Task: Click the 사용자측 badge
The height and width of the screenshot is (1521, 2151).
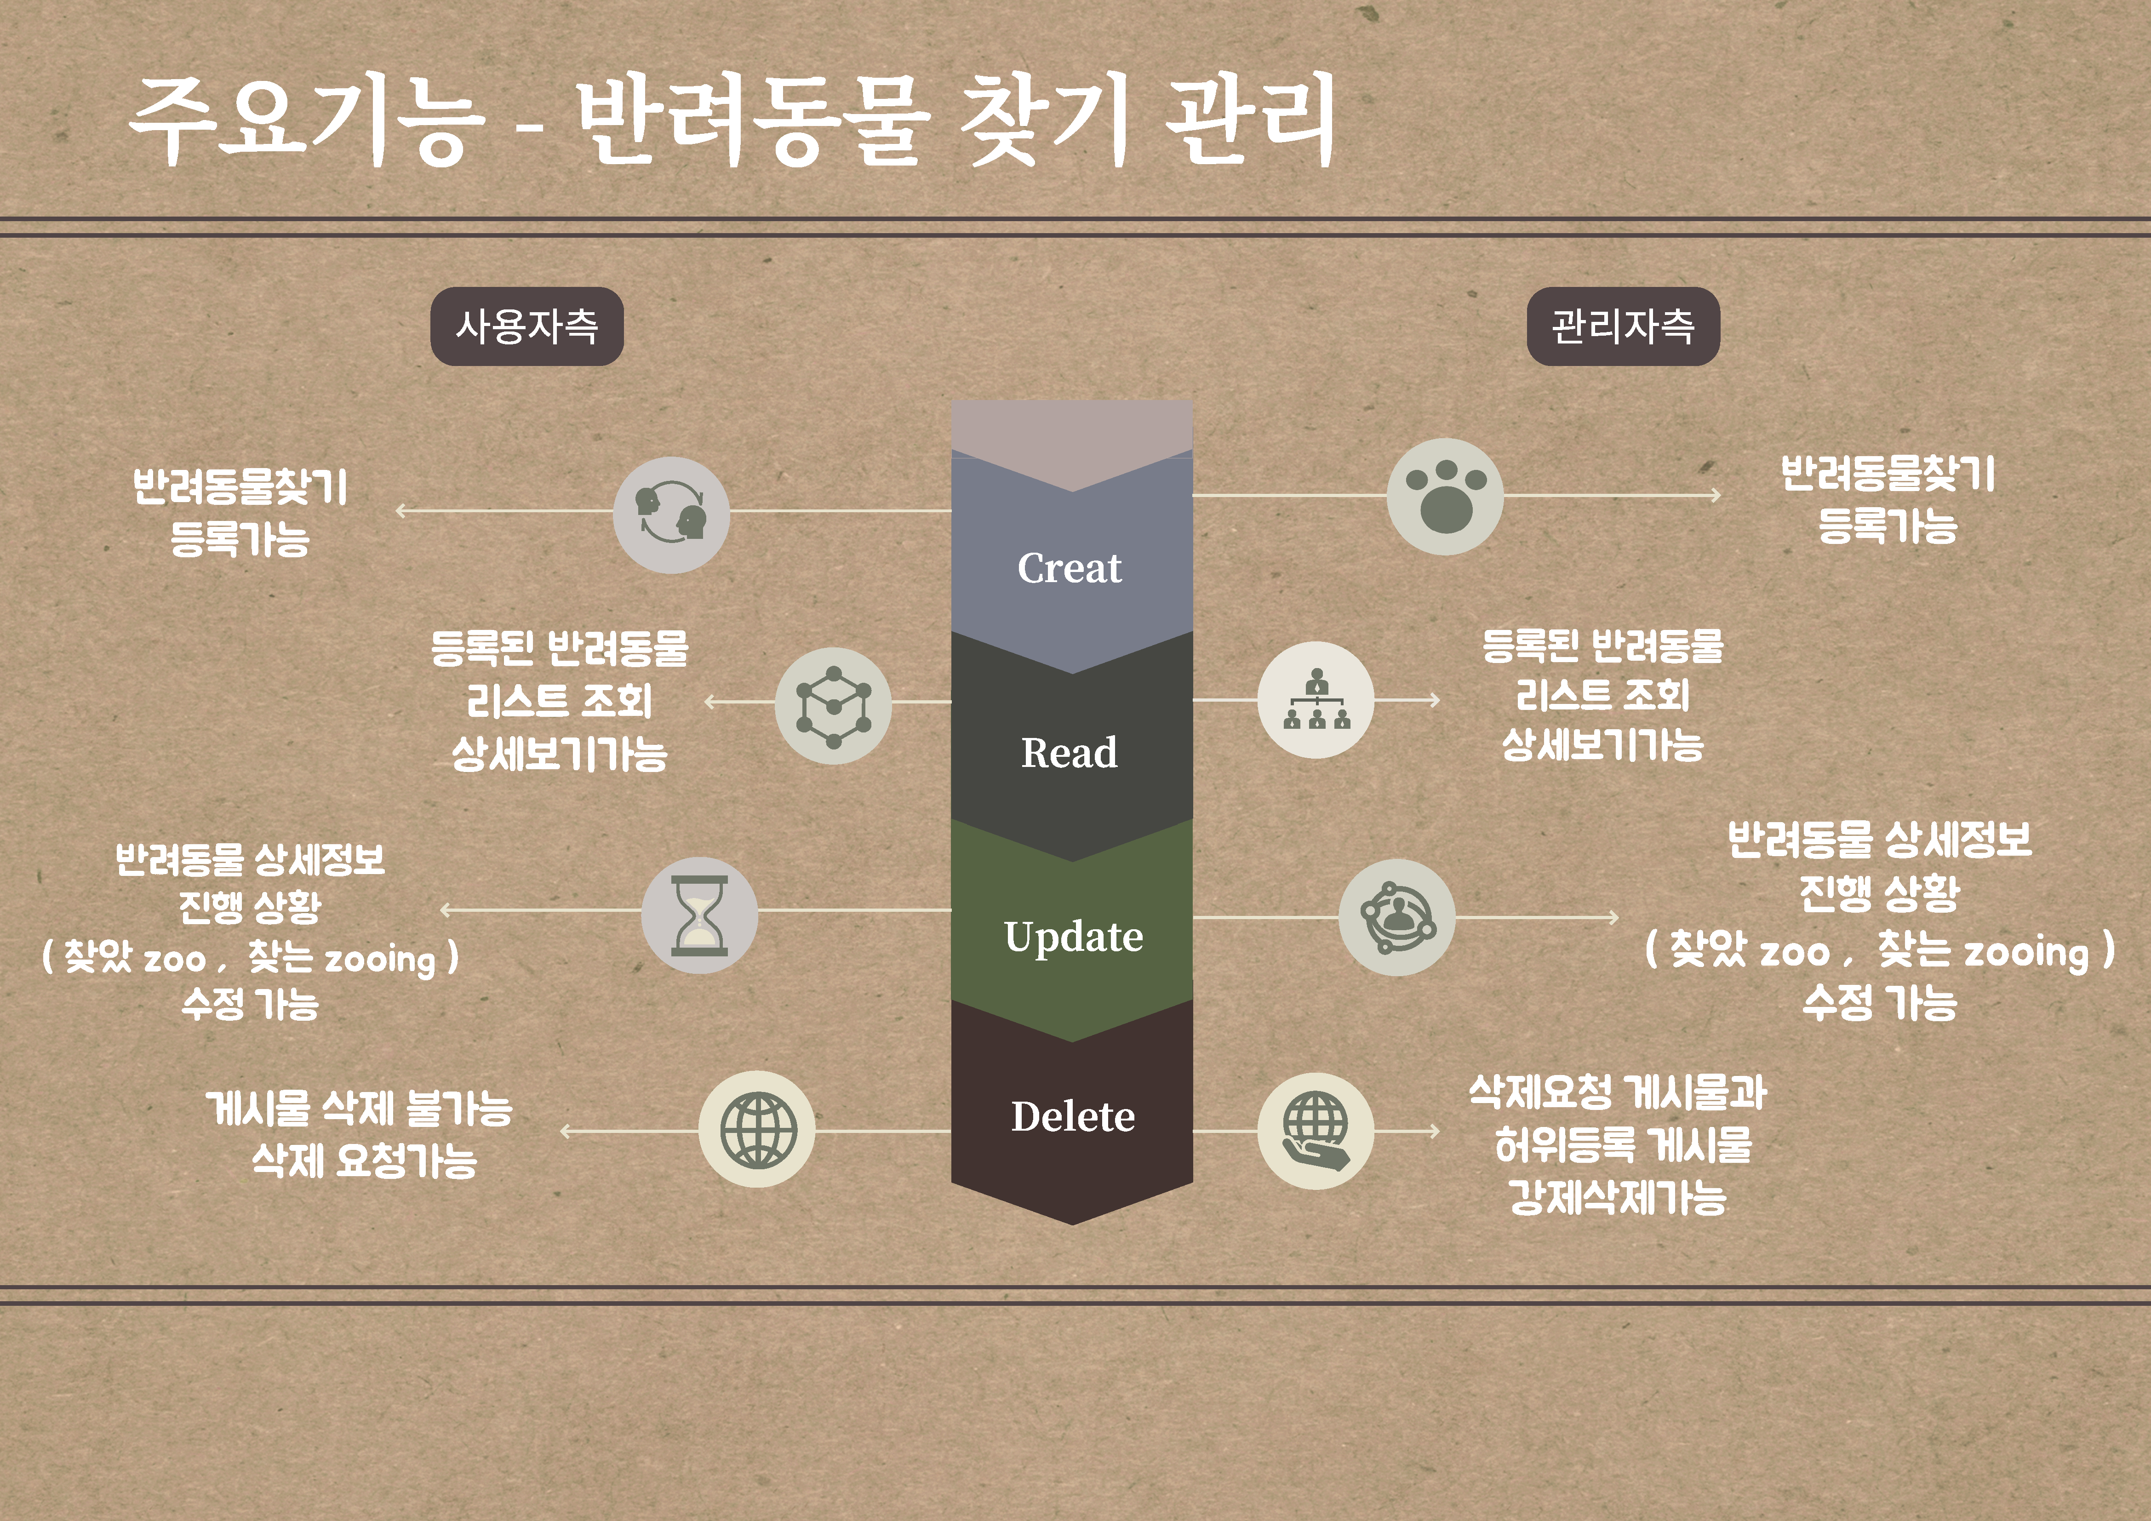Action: coord(526,326)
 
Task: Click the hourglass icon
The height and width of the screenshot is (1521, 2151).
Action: coord(699,915)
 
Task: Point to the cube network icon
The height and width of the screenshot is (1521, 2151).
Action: coord(833,705)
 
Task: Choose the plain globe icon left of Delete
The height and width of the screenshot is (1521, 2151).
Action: coord(757,1130)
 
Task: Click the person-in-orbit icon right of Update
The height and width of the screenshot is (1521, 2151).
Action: coord(1396,917)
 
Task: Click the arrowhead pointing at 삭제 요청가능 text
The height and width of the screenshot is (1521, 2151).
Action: coord(565,1132)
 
